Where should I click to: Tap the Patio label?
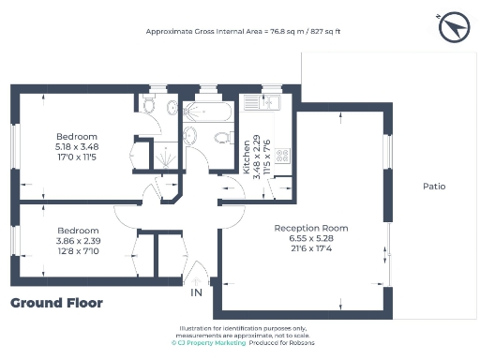click(433, 187)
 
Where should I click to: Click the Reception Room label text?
click(311, 228)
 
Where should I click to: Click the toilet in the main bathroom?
click(223, 139)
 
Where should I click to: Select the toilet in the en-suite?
click(172, 108)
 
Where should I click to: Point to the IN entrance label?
click(196, 293)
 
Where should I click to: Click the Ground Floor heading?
click(56, 303)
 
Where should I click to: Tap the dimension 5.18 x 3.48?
click(76, 145)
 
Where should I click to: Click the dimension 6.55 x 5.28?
click(311, 239)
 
